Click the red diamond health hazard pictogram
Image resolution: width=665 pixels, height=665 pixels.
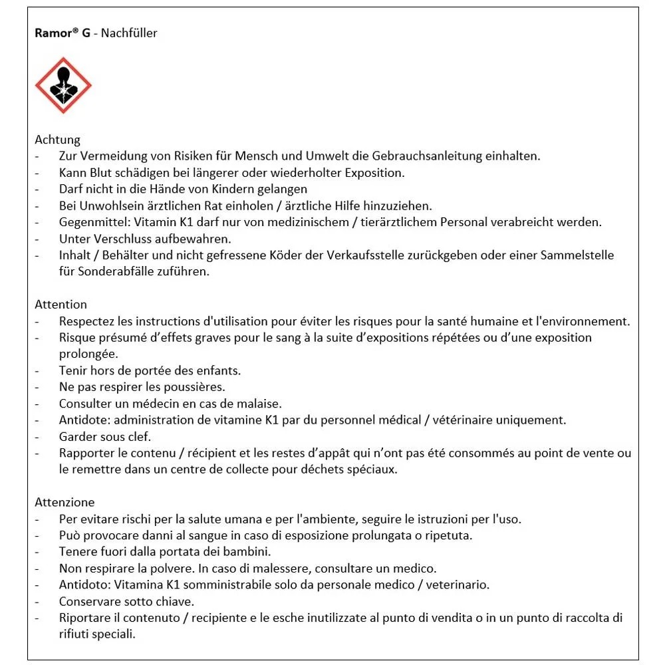(x=63, y=85)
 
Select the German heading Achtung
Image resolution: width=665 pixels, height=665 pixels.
(x=57, y=140)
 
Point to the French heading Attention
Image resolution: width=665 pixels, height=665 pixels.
(x=61, y=305)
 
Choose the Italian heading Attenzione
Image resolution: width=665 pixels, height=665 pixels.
(x=65, y=502)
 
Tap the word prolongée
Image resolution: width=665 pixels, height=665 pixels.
(x=88, y=354)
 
